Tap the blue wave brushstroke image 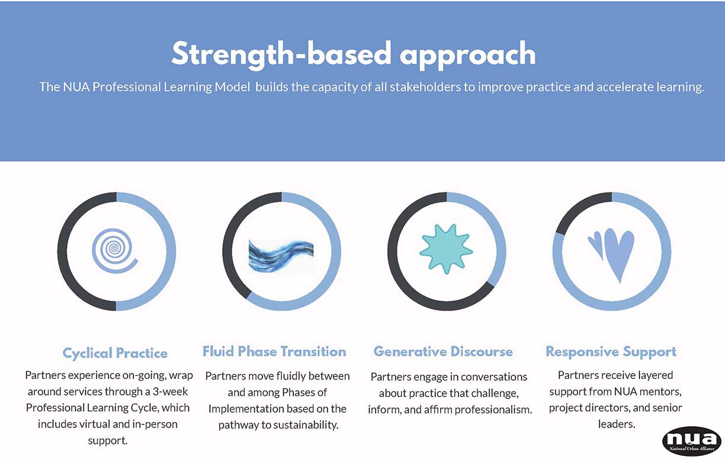pos(281,256)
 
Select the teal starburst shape pos(446,249)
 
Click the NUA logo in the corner pos(692,441)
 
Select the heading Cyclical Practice pos(115,353)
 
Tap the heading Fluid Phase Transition pos(274,351)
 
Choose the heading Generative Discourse pos(443,351)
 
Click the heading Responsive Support pos(611,352)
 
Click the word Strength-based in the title pos(281,54)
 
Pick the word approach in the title pos(468,56)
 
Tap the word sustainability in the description pos(306,424)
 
